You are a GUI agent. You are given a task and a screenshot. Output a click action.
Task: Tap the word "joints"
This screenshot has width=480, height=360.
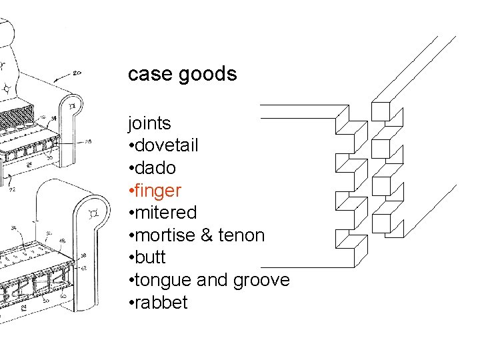149,123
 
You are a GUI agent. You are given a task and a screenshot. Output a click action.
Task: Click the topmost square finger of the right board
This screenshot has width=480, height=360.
380,112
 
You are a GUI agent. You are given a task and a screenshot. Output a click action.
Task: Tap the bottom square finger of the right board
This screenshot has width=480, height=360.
381,223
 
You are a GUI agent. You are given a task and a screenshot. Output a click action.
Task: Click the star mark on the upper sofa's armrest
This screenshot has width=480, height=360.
73,106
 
